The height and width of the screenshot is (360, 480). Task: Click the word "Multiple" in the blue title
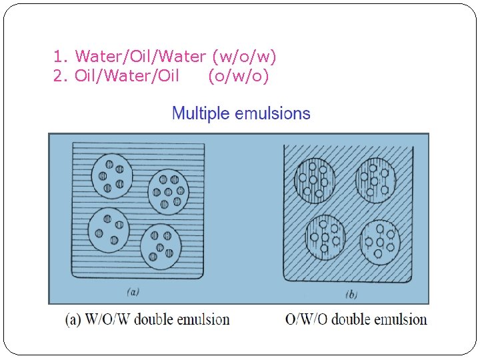[x=201, y=113]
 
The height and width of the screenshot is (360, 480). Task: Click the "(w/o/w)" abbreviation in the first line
[x=244, y=57]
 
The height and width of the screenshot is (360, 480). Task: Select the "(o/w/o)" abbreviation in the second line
[x=239, y=76]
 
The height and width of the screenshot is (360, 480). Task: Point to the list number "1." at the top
[x=61, y=57]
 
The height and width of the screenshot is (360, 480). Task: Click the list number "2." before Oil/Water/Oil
[x=61, y=76]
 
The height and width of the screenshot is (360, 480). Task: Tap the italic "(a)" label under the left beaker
[x=133, y=291]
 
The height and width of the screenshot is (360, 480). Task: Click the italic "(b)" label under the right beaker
[x=350, y=293]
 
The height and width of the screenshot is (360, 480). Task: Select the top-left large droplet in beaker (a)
[x=111, y=176]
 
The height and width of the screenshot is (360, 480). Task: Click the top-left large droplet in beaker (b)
[x=313, y=179]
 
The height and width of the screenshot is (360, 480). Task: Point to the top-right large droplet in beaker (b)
[x=376, y=179]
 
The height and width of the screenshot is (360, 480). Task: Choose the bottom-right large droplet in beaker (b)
[x=379, y=241]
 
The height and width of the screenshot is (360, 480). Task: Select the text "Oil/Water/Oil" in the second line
[x=127, y=76]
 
